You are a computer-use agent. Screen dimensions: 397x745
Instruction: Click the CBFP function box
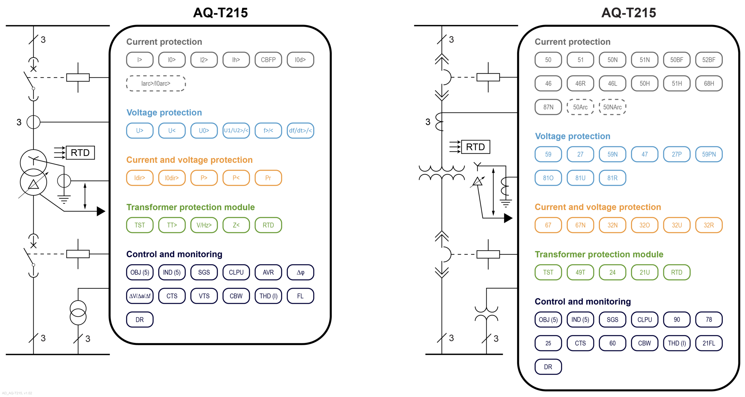click(268, 60)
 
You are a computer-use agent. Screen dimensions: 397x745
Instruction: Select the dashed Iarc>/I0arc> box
click(156, 83)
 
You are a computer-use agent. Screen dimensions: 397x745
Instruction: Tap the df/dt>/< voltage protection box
click(300, 131)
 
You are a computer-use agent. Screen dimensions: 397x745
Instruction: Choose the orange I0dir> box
click(172, 178)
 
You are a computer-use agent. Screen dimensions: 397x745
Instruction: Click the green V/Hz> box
click(204, 225)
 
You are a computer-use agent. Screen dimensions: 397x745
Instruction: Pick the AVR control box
click(268, 273)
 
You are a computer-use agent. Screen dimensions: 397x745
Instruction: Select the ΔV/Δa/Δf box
click(140, 296)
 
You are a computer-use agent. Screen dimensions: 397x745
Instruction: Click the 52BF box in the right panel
click(709, 60)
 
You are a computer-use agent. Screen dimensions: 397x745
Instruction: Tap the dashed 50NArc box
click(612, 107)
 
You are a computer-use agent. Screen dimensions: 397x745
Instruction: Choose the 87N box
click(548, 107)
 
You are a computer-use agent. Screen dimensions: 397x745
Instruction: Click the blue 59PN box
click(709, 154)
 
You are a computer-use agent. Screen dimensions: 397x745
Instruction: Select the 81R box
click(612, 178)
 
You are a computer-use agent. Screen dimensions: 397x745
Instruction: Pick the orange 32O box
click(644, 225)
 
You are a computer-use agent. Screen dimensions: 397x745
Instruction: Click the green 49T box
click(580, 273)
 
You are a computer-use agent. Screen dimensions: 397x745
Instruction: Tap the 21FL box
click(709, 343)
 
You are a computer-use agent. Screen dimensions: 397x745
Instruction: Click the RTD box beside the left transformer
click(80, 153)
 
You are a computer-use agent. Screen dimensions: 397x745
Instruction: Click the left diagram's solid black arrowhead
click(101, 211)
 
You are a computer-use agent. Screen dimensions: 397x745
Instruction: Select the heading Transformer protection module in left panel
click(190, 207)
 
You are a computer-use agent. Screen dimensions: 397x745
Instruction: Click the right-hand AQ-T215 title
click(629, 13)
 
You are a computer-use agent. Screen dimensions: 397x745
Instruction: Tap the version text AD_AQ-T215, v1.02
click(17, 393)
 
